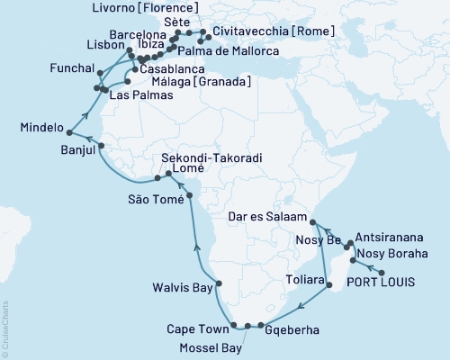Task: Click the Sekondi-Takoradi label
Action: coord(211,157)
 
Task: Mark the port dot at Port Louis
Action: coord(382,273)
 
